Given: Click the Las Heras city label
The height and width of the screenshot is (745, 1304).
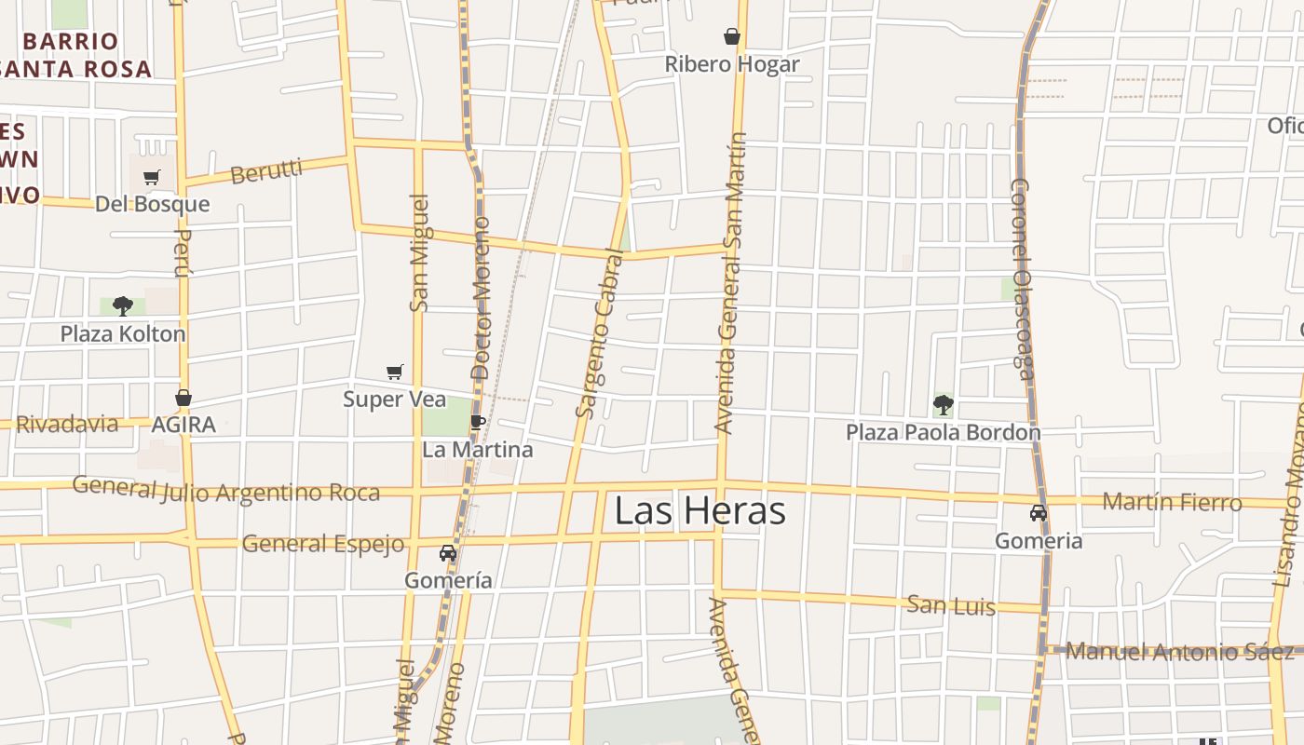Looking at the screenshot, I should coord(700,510).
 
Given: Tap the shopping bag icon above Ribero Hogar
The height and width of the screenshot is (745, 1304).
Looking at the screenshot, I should coord(732,37).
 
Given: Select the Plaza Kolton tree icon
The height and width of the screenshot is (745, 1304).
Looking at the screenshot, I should coord(122,305).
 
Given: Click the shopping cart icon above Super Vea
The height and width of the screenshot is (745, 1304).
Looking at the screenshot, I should coord(395,372).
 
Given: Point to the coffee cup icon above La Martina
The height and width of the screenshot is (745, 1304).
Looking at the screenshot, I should coord(478,422).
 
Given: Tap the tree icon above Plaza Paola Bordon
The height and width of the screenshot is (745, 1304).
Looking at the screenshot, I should coord(943,404).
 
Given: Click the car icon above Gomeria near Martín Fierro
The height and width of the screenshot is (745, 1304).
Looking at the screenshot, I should coord(1038,513).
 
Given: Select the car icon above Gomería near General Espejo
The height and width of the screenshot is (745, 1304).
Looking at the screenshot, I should coord(448,552).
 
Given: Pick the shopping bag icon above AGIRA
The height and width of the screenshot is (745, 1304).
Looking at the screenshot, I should coord(183,398).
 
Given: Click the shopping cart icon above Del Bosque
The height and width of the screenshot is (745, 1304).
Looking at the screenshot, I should coord(152,177).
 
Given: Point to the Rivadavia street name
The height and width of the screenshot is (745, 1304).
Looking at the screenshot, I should coord(67,425).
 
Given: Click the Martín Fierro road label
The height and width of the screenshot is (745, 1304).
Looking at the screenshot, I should coord(1172,502).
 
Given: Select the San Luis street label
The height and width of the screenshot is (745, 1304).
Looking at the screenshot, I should coord(951,606).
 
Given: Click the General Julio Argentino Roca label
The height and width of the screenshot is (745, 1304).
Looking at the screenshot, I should coord(226,490).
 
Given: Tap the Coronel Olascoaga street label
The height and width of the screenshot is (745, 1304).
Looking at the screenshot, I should coord(1023,279).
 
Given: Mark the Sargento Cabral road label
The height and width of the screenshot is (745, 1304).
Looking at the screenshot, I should coord(600,333).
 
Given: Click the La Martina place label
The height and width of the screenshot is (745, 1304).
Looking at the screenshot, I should coord(478,450).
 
